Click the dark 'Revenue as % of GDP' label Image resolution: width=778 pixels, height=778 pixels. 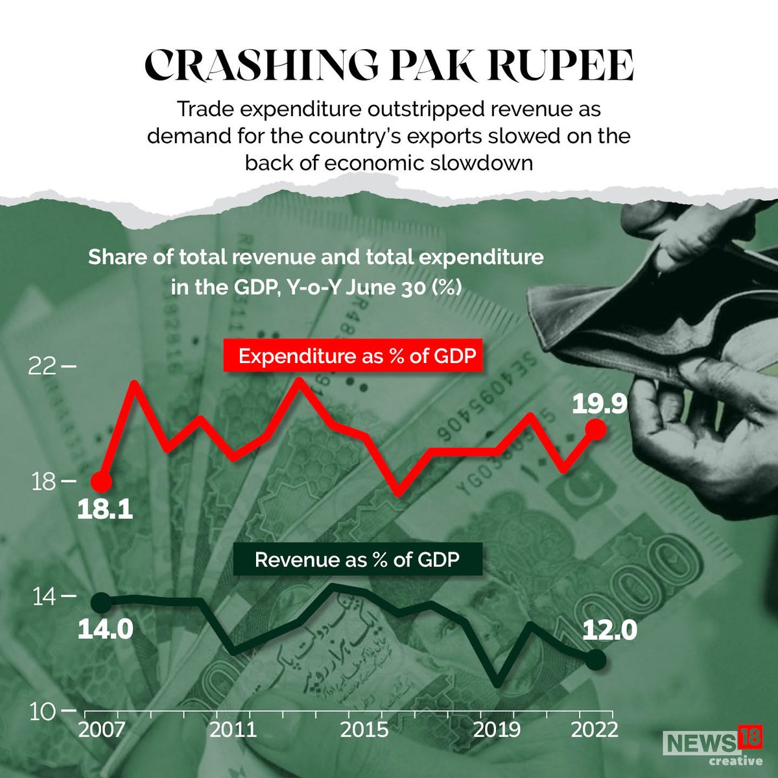click(357, 559)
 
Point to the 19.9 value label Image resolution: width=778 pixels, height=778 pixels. click(599, 405)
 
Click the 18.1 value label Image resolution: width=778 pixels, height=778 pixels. click(105, 510)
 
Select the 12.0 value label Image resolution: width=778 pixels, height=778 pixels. click(610, 630)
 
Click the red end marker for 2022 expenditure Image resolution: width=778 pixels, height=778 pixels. click(595, 429)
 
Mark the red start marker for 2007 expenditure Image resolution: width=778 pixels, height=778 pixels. click(101, 482)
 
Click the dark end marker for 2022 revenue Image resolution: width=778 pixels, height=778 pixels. click(596, 659)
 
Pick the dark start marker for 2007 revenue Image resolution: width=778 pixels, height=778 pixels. click(100, 603)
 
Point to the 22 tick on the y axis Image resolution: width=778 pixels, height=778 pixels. click(44, 367)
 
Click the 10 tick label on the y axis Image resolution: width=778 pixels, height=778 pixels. click(44, 711)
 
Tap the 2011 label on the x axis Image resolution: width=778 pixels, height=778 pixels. click(233, 730)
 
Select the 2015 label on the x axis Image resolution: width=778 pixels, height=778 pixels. click(365, 730)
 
